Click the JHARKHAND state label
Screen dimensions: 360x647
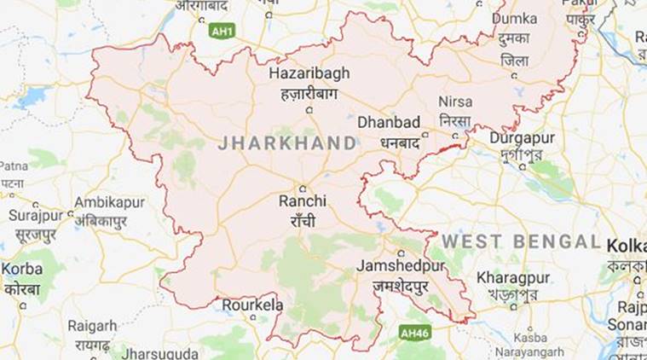coord(286,142)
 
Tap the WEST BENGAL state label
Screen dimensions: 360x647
coord(520,241)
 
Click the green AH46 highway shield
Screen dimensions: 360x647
coord(414,333)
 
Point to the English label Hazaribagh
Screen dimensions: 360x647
coord(309,73)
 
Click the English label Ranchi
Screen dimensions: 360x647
coord(303,201)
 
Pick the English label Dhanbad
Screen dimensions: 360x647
coord(390,121)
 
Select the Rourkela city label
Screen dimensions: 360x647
coord(251,305)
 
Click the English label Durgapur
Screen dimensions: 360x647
coord(522,138)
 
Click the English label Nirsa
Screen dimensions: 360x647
coord(455,102)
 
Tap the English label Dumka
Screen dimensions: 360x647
coord(514,18)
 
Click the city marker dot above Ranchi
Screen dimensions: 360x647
coord(303,189)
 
